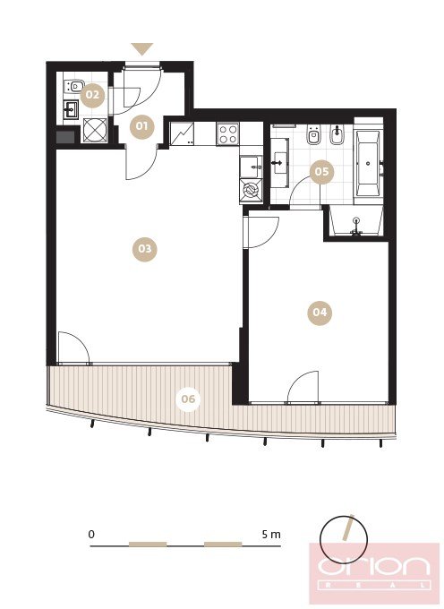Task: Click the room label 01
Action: coord(141,126)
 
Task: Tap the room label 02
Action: coord(92,95)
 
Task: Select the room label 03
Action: coord(144,249)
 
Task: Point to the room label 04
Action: coord(320,313)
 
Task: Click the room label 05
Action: coord(321,172)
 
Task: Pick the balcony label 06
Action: coord(188,399)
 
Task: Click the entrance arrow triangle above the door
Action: coord(142,49)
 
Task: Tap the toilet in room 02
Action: coord(73,86)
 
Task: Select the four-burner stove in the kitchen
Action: coord(228,134)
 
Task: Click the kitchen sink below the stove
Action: coord(251,167)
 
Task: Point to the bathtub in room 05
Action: coord(368,164)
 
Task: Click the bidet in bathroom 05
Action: coord(337,134)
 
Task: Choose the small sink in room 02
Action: coord(71,109)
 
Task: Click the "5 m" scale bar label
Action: coord(271,535)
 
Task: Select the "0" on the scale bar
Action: coord(91,535)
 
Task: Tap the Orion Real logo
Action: coord(374,573)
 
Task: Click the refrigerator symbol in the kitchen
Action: coord(182,134)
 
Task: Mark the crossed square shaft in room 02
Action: coord(95,130)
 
